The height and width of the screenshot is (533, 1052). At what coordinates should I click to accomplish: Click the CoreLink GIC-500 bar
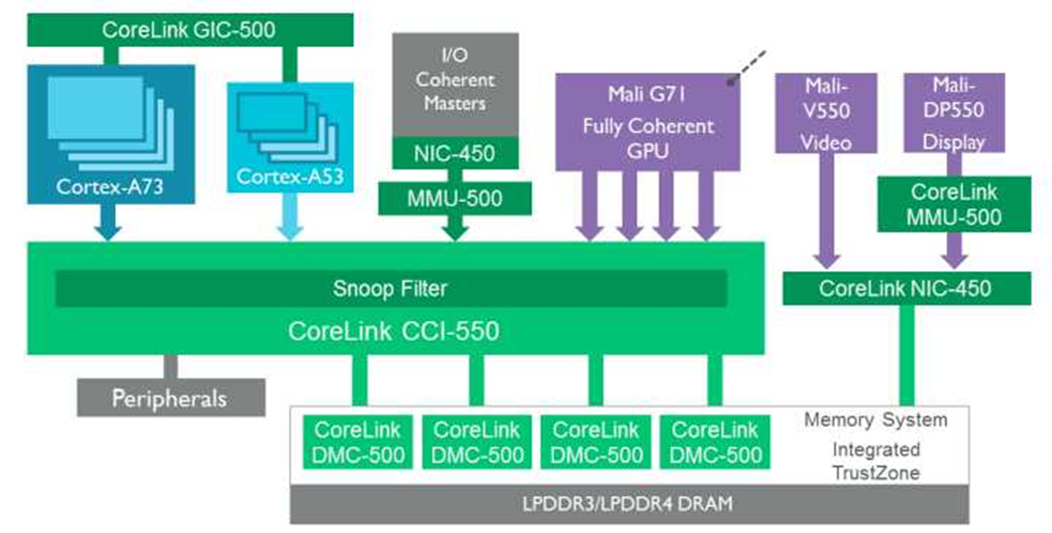pyautogui.click(x=189, y=30)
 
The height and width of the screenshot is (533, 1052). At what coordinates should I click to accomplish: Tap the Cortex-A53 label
pyautogui.click(x=291, y=175)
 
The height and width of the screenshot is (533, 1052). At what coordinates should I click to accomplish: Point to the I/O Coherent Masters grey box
pyautogui.click(x=454, y=83)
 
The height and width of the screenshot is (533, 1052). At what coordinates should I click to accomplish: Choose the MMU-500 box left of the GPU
pyautogui.click(x=454, y=198)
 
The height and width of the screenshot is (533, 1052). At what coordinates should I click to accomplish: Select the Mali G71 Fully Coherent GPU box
pyautogui.click(x=648, y=122)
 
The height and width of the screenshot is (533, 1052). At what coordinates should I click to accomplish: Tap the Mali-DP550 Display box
pyautogui.click(x=953, y=113)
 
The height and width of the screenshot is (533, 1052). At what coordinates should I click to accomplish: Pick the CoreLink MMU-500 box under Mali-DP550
pyautogui.click(x=953, y=204)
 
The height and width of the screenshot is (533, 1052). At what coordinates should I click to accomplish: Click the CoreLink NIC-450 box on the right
pyautogui.click(x=905, y=288)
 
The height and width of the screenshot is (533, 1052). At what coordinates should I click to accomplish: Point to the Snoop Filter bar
pyautogui.click(x=390, y=288)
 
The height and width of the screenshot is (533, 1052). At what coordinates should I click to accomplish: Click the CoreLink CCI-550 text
pyautogui.click(x=393, y=330)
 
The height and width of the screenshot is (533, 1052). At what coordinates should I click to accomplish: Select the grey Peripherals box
pyautogui.click(x=169, y=398)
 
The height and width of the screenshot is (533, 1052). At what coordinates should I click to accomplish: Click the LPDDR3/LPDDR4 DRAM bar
pyautogui.click(x=629, y=504)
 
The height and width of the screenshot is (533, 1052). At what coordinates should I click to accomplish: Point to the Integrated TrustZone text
pyautogui.click(x=876, y=460)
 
